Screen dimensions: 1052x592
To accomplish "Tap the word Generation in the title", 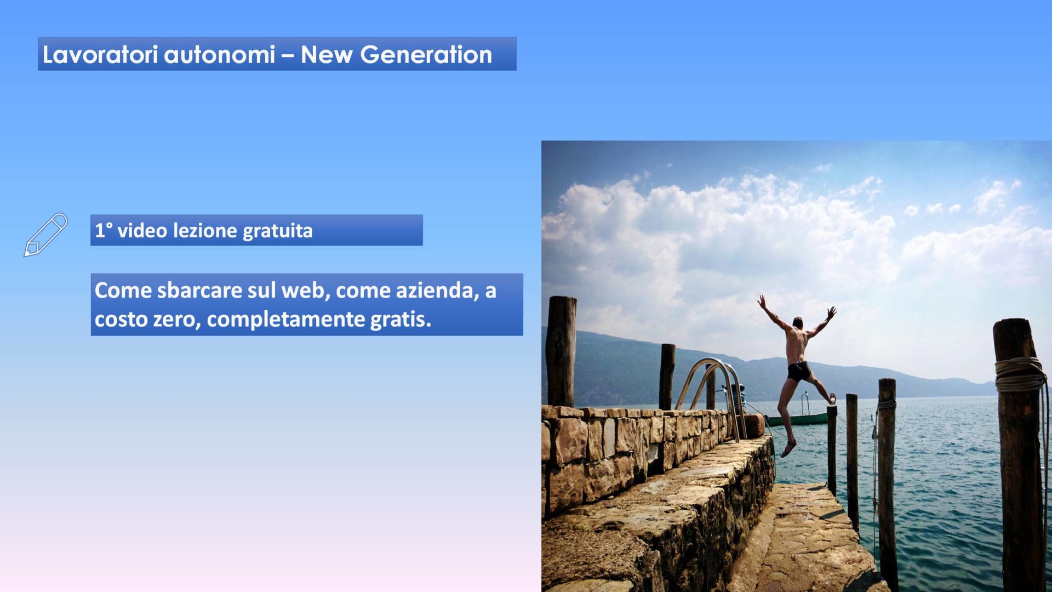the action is tap(426, 55).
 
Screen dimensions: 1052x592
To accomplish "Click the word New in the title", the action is tap(326, 55).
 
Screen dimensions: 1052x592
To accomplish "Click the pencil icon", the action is tap(45, 235).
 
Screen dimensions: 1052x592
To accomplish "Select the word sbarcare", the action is tap(199, 291).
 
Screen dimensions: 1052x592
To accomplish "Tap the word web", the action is tap(306, 291).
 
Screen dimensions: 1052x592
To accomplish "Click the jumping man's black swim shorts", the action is tap(799, 372).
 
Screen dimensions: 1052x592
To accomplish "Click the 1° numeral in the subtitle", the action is tap(104, 231).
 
